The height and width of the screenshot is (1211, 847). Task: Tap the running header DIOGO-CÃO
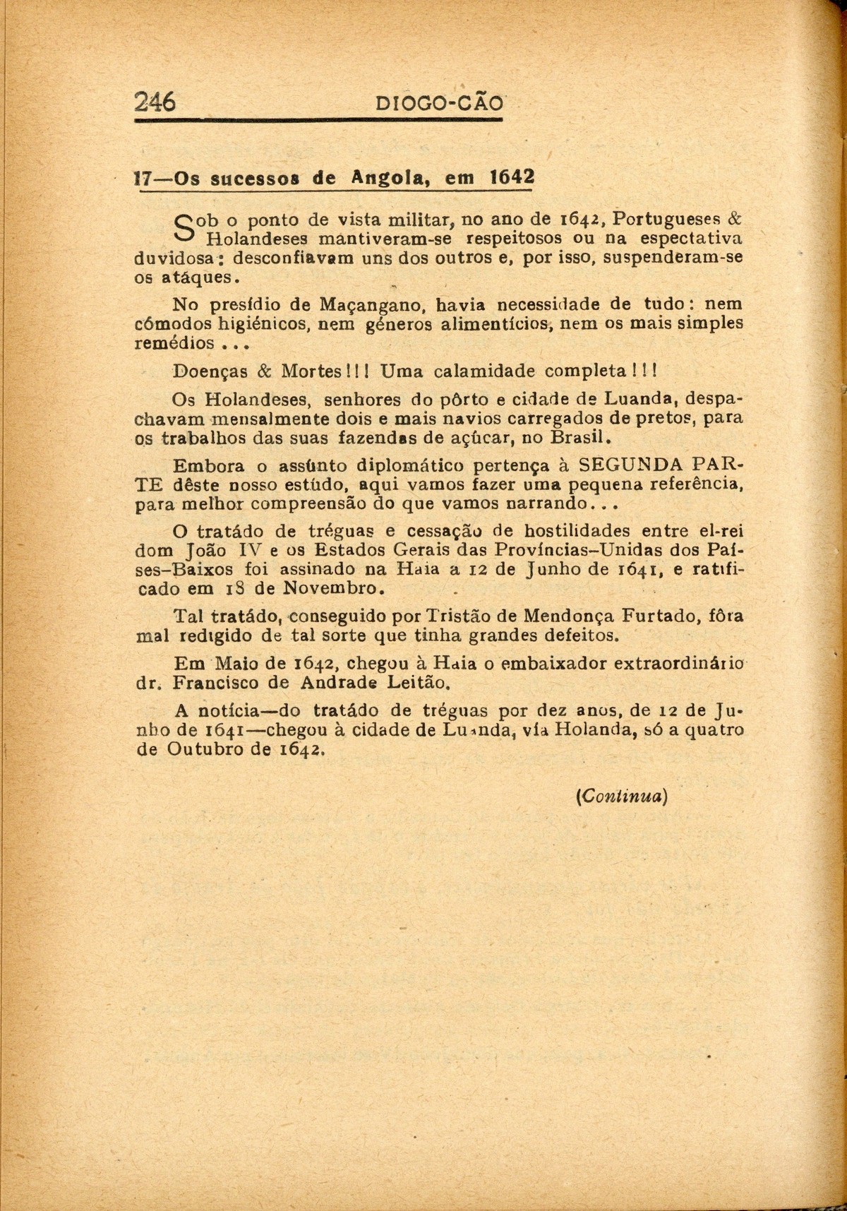tap(440, 104)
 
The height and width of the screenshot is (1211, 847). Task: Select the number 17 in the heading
tap(144, 178)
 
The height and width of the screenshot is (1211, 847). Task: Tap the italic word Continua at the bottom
tap(622, 795)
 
